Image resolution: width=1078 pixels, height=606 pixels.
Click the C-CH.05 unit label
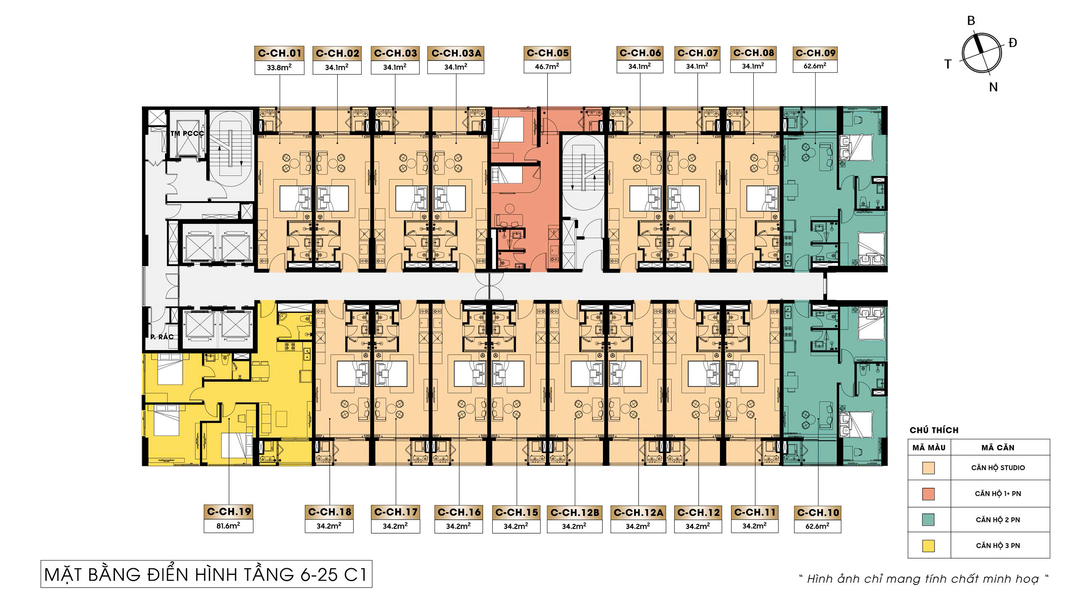pos(547,53)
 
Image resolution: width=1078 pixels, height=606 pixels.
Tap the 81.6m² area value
pos(228,526)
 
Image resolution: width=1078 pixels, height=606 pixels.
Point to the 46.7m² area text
pos(547,66)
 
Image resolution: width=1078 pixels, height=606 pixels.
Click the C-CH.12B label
pos(575,512)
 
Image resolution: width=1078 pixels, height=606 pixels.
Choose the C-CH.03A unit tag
pos(456,53)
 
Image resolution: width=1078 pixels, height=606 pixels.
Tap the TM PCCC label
pos(187,133)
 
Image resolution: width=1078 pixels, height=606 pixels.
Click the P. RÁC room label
pos(162,337)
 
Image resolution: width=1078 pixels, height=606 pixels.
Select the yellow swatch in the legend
pos(929,545)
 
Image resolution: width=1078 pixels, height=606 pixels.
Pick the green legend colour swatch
pos(929,520)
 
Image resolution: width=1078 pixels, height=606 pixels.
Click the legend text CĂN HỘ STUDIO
pos(998,468)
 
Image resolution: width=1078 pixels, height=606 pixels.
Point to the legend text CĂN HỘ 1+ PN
pos(998,494)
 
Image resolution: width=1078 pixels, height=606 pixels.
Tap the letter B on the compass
pos(971,21)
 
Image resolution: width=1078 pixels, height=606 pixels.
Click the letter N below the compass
pos(993,87)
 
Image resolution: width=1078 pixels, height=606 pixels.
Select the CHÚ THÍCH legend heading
pos(934,430)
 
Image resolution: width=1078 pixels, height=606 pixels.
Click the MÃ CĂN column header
pos(998,448)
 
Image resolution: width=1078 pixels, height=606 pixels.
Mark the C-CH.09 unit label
pos(815,53)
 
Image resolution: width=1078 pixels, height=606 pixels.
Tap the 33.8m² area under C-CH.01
pos(279,67)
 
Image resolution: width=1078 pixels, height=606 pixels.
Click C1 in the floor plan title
pos(355,575)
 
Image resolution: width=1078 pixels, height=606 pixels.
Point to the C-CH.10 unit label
pos(818,513)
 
